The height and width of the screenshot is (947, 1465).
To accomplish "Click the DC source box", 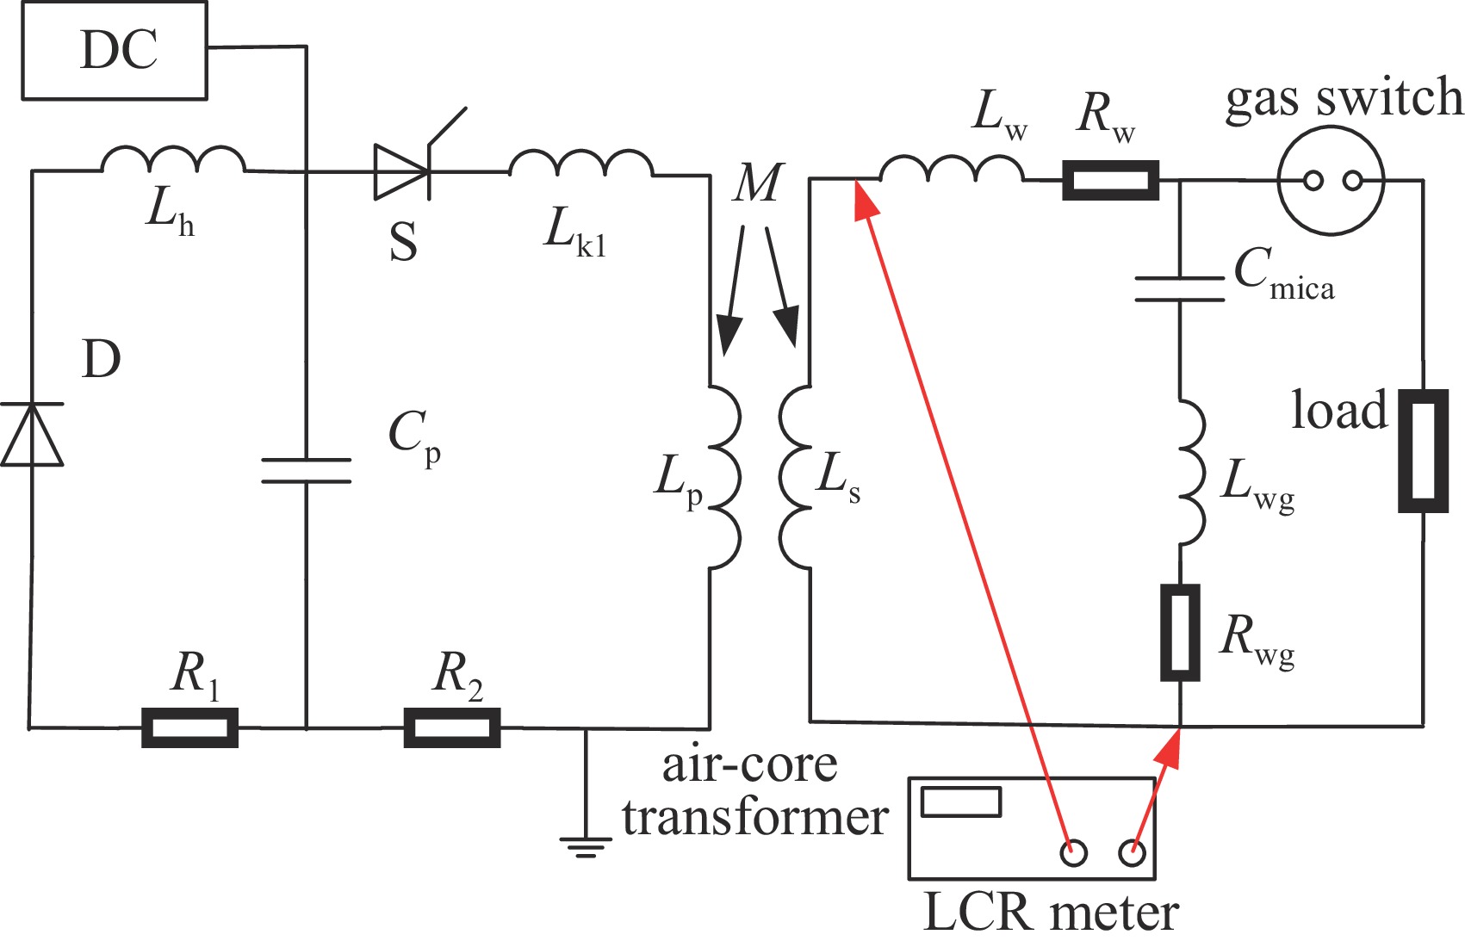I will point(114,51).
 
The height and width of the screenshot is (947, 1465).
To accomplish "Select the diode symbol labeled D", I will point(32,435).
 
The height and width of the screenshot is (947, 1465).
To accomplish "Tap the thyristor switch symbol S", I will point(401,172).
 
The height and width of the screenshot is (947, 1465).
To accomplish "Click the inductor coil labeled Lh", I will point(173,161).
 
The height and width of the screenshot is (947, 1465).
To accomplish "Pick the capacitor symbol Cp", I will point(306,470).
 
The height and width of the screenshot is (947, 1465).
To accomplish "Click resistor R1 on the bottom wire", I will point(189,727).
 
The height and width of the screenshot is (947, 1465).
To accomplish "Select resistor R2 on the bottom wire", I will point(452,727).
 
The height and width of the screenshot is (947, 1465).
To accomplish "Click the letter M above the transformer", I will point(758,183).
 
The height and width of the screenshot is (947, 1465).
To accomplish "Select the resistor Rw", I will point(1110,181).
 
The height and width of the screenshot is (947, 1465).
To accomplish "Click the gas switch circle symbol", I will point(1331,180).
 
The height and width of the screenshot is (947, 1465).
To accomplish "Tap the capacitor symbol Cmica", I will point(1180,289).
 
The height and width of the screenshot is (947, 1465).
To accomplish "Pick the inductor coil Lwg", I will point(1191,472).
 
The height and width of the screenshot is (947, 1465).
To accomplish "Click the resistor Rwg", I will point(1180,633).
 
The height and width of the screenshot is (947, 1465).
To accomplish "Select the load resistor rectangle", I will point(1423,451).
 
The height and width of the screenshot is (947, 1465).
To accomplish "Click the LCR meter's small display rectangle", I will point(961,802).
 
